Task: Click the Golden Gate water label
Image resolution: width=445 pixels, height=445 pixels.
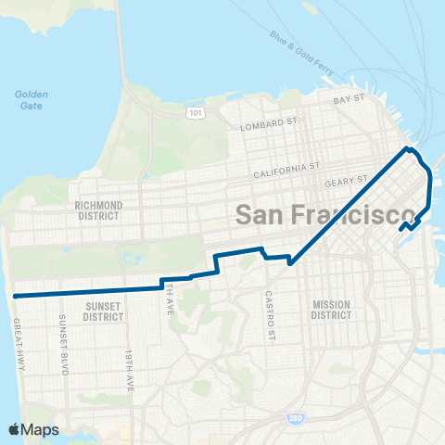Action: pyautogui.click(x=31, y=99)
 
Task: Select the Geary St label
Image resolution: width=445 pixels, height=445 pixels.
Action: pyautogui.click(x=350, y=178)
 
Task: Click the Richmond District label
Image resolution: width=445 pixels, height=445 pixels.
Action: pyautogui.click(x=98, y=210)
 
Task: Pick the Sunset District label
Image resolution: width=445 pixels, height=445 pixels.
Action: pyautogui.click(x=103, y=310)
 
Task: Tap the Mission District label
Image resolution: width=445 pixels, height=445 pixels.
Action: pyautogui.click(x=331, y=310)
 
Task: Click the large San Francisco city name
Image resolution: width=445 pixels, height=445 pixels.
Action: pyautogui.click(x=324, y=214)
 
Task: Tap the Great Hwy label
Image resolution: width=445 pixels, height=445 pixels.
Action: pyautogui.click(x=19, y=347)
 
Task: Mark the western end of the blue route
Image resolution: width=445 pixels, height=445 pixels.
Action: pyautogui.click(x=16, y=295)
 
